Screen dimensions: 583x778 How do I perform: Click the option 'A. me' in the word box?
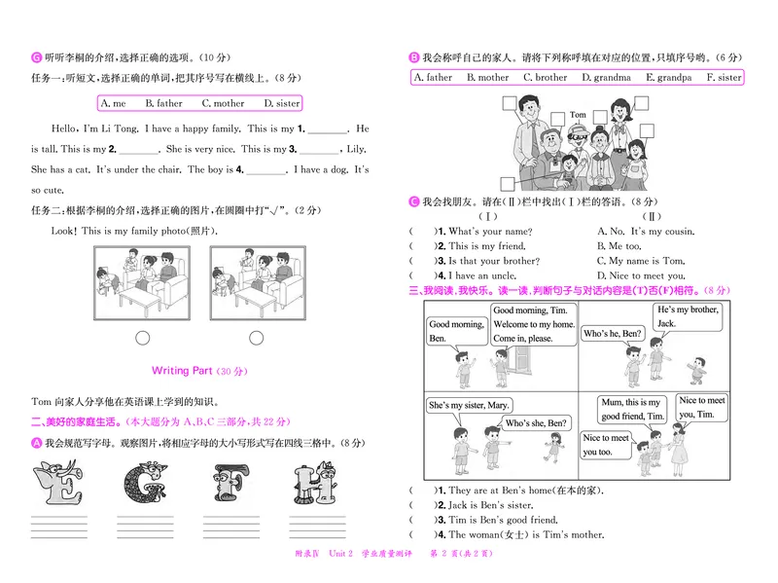[x=113, y=103]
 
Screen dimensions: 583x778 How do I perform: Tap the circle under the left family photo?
[x=143, y=338]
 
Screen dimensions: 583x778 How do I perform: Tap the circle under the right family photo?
[x=257, y=338]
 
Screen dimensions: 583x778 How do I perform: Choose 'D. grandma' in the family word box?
[x=606, y=78]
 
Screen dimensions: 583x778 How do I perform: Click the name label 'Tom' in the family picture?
[x=578, y=115]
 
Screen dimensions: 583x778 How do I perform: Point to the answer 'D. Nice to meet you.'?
[x=641, y=275]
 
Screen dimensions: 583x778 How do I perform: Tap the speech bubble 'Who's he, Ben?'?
[x=612, y=334]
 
